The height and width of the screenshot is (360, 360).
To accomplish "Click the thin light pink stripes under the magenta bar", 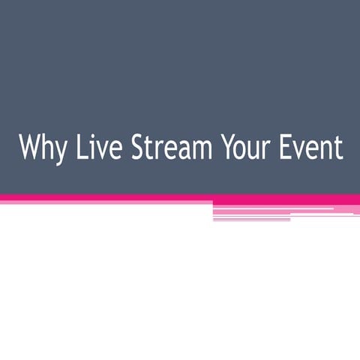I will click(x=285, y=211).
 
